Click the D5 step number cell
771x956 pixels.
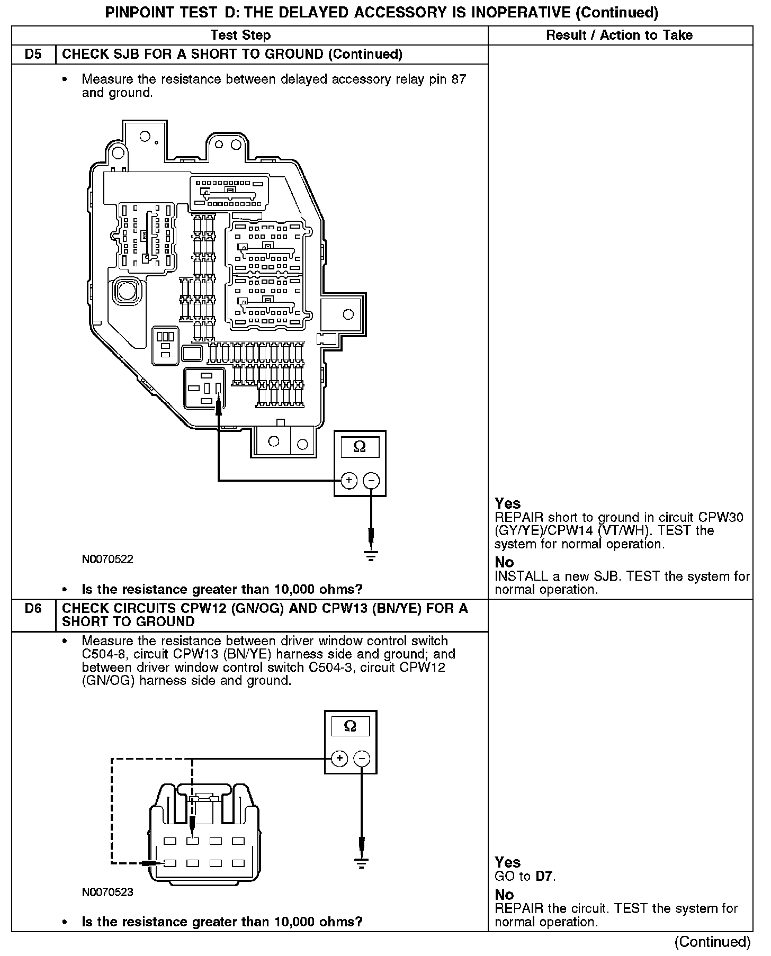click(x=33, y=55)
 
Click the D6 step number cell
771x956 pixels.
click(x=33, y=609)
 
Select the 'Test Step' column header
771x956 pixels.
click(x=240, y=35)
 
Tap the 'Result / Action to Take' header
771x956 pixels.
click(x=619, y=35)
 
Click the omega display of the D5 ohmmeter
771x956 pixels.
click(x=360, y=447)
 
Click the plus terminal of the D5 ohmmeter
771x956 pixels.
click(x=349, y=481)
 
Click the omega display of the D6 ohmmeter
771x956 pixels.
click(x=350, y=726)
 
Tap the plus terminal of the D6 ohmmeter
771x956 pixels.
click(x=339, y=759)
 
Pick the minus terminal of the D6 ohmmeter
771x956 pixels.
click(x=362, y=759)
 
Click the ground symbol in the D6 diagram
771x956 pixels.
click(x=362, y=864)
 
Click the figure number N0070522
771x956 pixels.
click(x=107, y=559)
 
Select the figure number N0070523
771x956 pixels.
click(x=107, y=892)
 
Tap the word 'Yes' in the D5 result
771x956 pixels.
click(x=507, y=503)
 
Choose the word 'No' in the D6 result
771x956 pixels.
click(x=504, y=895)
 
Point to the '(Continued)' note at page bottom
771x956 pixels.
click(x=712, y=942)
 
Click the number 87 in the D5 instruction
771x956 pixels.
click(x=459, y=79)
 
